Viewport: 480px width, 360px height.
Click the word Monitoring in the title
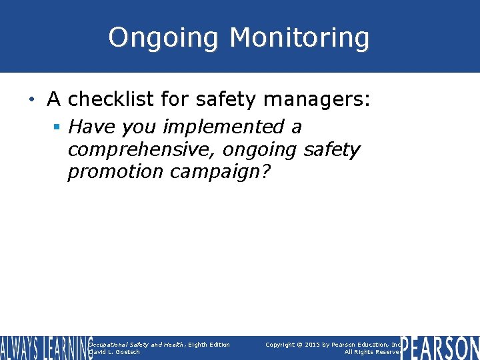299,38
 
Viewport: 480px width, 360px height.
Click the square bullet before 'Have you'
58,127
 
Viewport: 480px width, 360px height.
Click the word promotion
115,171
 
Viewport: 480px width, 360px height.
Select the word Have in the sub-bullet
89,126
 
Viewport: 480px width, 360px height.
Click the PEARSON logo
440,348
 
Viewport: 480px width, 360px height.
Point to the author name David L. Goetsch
114,352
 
